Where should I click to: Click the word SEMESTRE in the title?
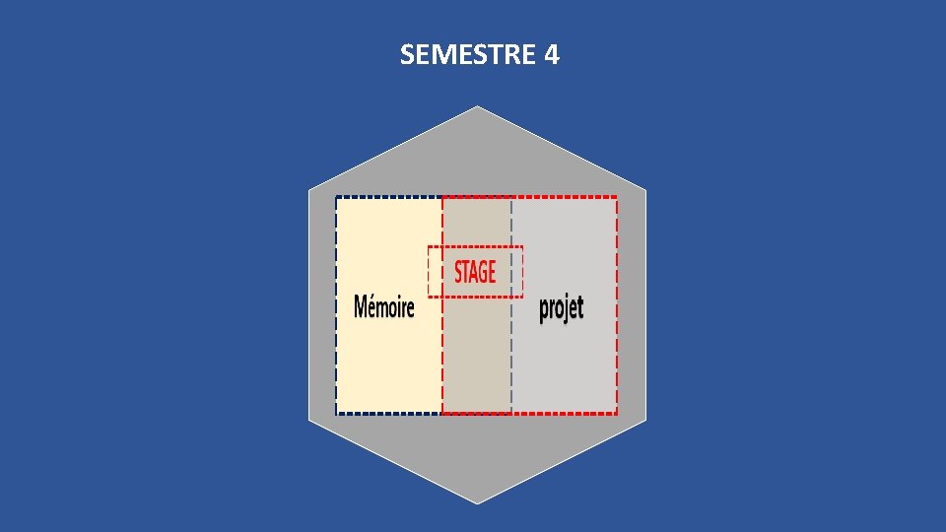(468, 55)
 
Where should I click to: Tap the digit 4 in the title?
(551, 55)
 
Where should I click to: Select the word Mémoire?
(384, 307)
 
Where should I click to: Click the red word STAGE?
(475, 271)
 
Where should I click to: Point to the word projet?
(562, 308)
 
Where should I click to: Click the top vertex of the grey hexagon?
(478, 105)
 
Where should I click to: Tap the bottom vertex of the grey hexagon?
(478, 503)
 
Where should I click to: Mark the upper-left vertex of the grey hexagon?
(308, 188)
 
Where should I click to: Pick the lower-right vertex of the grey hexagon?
(646, 420)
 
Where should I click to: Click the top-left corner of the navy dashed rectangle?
(337, 197)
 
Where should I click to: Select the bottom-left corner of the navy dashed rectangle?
(337, 413)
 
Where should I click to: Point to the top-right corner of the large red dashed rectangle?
(617, 197)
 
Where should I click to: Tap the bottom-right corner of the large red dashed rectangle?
(617, 414)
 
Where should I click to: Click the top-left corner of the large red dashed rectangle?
(442, 197)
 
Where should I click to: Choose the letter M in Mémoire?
(361, 307)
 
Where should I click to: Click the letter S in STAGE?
(459, 271)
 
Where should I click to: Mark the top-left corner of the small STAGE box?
(429, 247)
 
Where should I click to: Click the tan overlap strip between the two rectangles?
(477, 355)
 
